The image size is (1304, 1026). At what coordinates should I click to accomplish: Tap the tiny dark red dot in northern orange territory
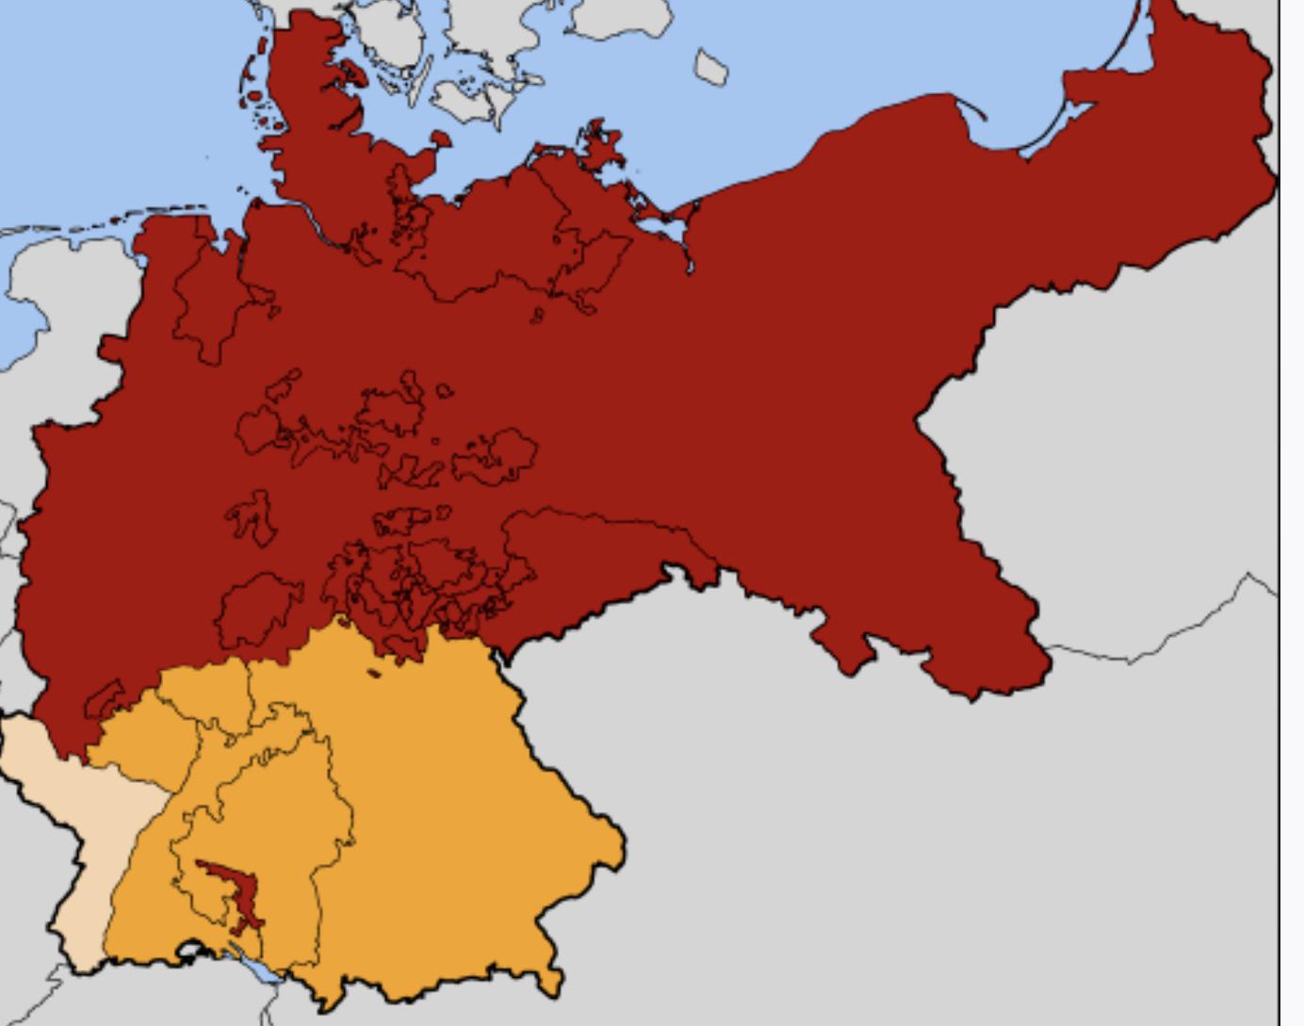pyautogui.click(x=373, y=673)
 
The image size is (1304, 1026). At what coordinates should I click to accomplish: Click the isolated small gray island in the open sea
pyautogui.click(x=711, y=67)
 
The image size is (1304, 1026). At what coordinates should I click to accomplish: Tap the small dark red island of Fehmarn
pyautogui.click(x=439, y=139)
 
